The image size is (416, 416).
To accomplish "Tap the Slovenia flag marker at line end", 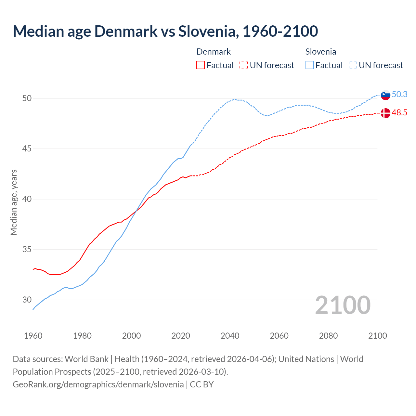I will (385, 95).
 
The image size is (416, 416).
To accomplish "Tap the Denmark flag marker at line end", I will (385, 113).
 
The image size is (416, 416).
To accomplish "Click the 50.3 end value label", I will (399, 94).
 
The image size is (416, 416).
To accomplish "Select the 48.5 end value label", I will (399, 112).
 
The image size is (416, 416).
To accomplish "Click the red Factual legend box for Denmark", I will (201, 65).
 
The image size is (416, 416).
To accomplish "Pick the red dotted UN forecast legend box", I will (244, 65).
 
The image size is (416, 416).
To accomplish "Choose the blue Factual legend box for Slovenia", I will (310, 65).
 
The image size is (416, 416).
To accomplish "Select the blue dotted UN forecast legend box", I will (353, 65).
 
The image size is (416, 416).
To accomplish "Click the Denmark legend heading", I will (214, 52).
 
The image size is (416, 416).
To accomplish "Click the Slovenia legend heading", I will (320, 52).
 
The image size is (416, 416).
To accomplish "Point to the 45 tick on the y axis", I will (27, 149).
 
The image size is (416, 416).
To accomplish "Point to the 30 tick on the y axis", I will (27, 300).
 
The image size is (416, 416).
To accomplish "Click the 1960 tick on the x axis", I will (33, 336).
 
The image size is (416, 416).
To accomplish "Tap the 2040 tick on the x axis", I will (230, 336).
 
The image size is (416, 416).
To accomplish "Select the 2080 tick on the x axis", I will (328, 336).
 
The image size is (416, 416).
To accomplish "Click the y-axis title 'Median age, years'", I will (14, 202).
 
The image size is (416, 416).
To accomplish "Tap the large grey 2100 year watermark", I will (343, 305).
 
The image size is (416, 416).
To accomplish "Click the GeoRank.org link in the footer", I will (98, 384).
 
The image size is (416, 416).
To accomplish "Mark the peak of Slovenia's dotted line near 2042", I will (234, 99).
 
